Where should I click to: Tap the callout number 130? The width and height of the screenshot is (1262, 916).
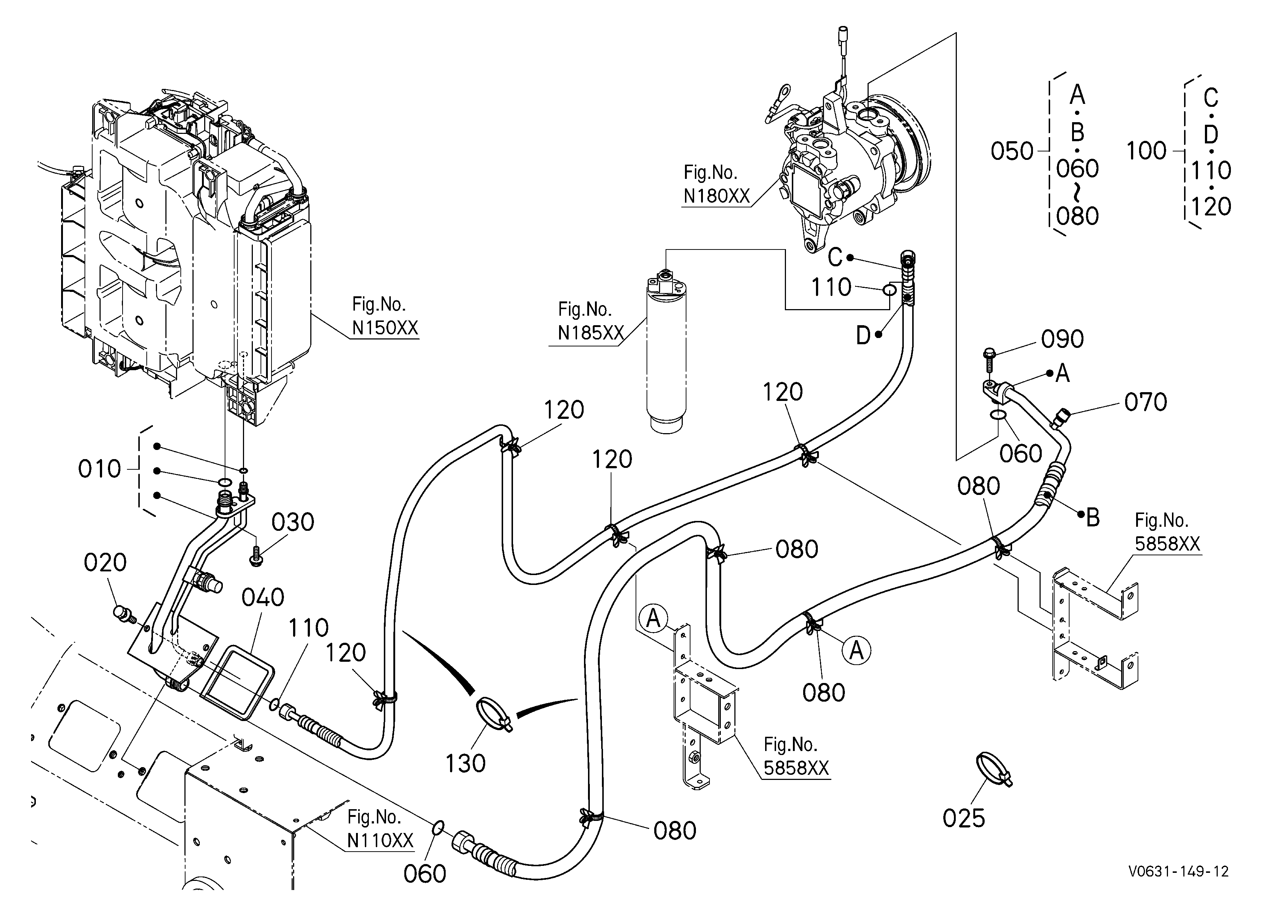[x=465, y=763]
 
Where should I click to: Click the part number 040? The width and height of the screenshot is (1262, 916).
[x=263, y=597]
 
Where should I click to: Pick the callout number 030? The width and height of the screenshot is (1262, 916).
[x=293, y=522]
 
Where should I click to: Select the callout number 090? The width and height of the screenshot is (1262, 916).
[x=1062, y=339]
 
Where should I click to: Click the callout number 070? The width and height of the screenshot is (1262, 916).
[x=1146, y=402]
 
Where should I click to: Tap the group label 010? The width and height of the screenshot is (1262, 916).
[x=100, y=469]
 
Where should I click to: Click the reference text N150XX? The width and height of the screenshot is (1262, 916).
[x=385, y=328]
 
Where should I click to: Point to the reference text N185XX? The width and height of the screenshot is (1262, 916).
[x=591, y=333]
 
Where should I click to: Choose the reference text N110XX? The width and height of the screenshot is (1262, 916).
[x=380, y=840]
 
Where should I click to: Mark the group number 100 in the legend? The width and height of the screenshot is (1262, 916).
[x=1146, y=151]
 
